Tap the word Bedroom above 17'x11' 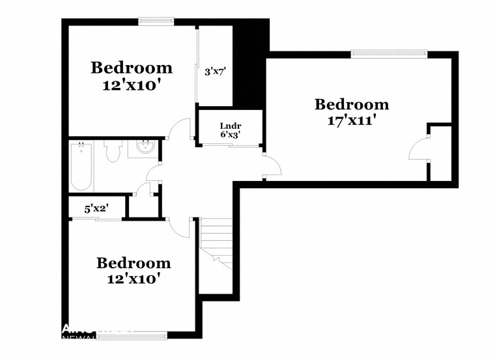[352, 104]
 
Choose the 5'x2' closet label [96, 209]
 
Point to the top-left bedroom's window [156, 21]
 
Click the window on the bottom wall [140, 335]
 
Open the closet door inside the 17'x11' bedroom [417, 149]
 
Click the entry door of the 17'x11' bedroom [272, 165]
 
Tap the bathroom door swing [154, 173]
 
